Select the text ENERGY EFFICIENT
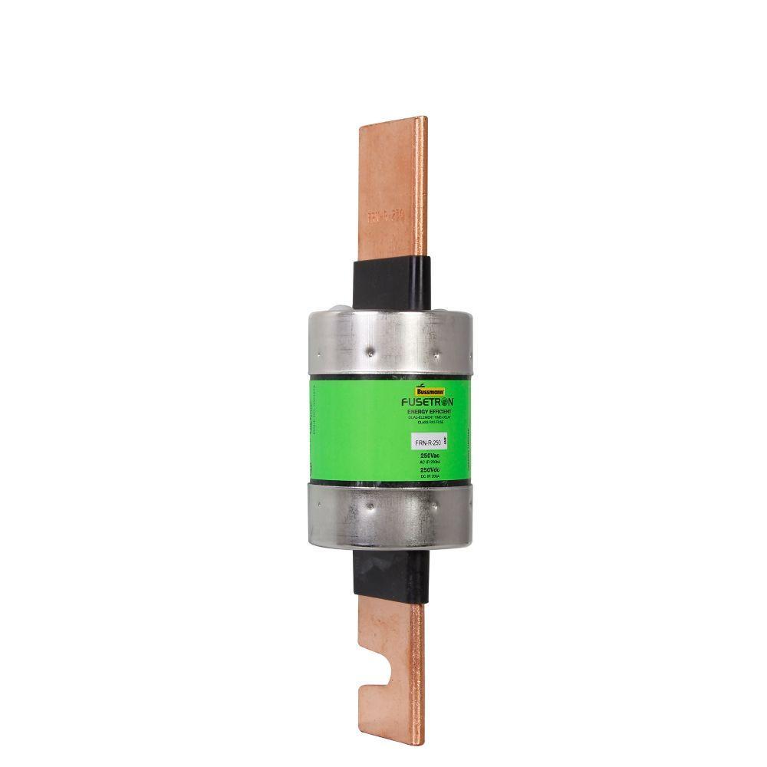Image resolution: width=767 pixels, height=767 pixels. pyautogui.click(x=429, y=412)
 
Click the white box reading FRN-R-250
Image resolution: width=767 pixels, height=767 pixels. pyautogui.click(x=426, y=443)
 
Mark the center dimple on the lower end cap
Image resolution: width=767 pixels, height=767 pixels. pyautogui.click(x=370, y=505)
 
